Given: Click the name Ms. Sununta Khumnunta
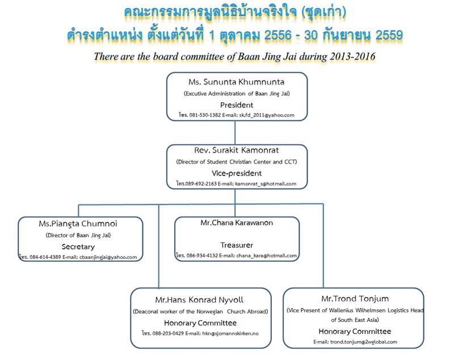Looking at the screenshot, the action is [x=236, y=82].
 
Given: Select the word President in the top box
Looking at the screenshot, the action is [x=237, y=105].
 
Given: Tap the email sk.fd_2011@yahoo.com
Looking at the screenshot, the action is [x=267, y=115].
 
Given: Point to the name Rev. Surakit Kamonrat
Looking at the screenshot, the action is [x=236, y=150].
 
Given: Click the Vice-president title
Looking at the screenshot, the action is [x=237, y=173].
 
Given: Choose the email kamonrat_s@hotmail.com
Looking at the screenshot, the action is [x=266, y=183].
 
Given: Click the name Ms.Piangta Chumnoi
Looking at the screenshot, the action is [x=78, y=224].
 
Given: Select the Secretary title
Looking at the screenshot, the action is [x=78, y=247].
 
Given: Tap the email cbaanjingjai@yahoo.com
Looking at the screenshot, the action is [x=108, y=257].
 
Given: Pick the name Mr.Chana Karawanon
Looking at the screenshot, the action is [x=237, y=223].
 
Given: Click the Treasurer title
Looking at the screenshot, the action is [x=237, y=245].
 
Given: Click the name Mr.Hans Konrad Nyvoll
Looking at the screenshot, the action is [x=199, y=300].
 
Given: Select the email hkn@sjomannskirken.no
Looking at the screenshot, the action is [x=230, y=333].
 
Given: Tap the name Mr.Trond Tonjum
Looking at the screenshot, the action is [x=355, y=299].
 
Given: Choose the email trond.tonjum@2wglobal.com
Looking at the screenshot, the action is [x=364, y=342].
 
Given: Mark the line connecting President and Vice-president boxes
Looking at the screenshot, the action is [x=235, y=133].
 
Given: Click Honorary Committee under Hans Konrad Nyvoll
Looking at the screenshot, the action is [x=200, y=323].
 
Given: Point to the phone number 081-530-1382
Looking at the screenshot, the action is [x=205, y=115].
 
